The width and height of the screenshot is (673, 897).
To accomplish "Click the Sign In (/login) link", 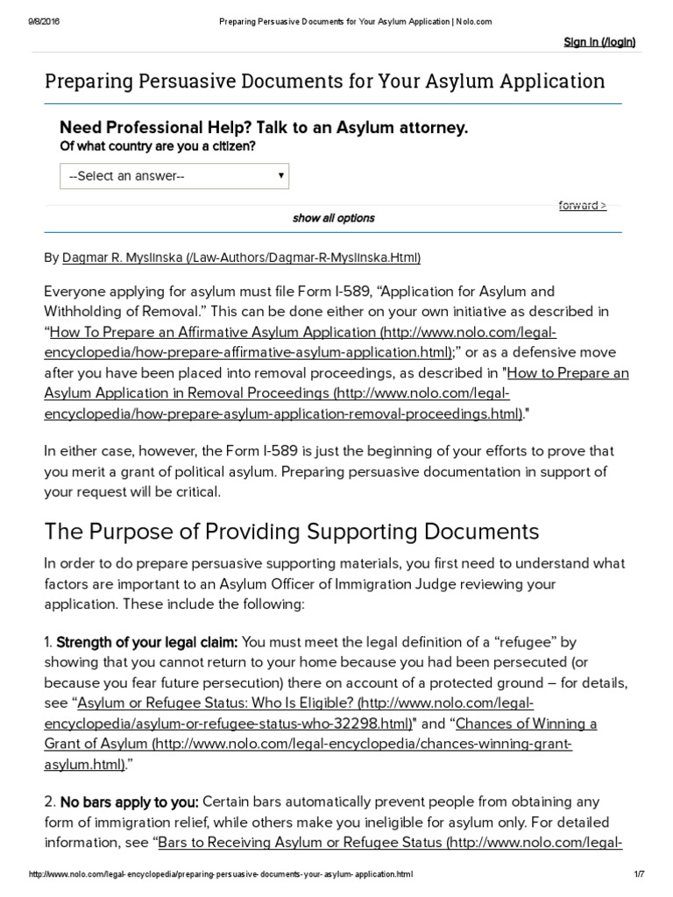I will pos(599,42).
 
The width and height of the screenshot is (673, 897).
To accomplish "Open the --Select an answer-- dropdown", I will pos(174,176).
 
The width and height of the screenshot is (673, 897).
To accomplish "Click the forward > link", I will pos(582,206).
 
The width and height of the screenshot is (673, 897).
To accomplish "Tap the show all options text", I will pos(333,218).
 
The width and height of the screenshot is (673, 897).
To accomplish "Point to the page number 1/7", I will pos(638,874).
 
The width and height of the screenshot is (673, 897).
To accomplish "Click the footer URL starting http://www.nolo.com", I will pos(221,874).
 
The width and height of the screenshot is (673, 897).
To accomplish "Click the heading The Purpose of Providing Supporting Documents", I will pos(292,531).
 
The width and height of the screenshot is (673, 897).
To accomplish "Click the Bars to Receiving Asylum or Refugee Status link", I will pos(390,843).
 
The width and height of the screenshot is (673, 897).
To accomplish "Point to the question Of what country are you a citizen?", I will pos(158,146).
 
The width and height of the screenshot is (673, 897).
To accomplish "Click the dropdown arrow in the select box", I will pos(280,175).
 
